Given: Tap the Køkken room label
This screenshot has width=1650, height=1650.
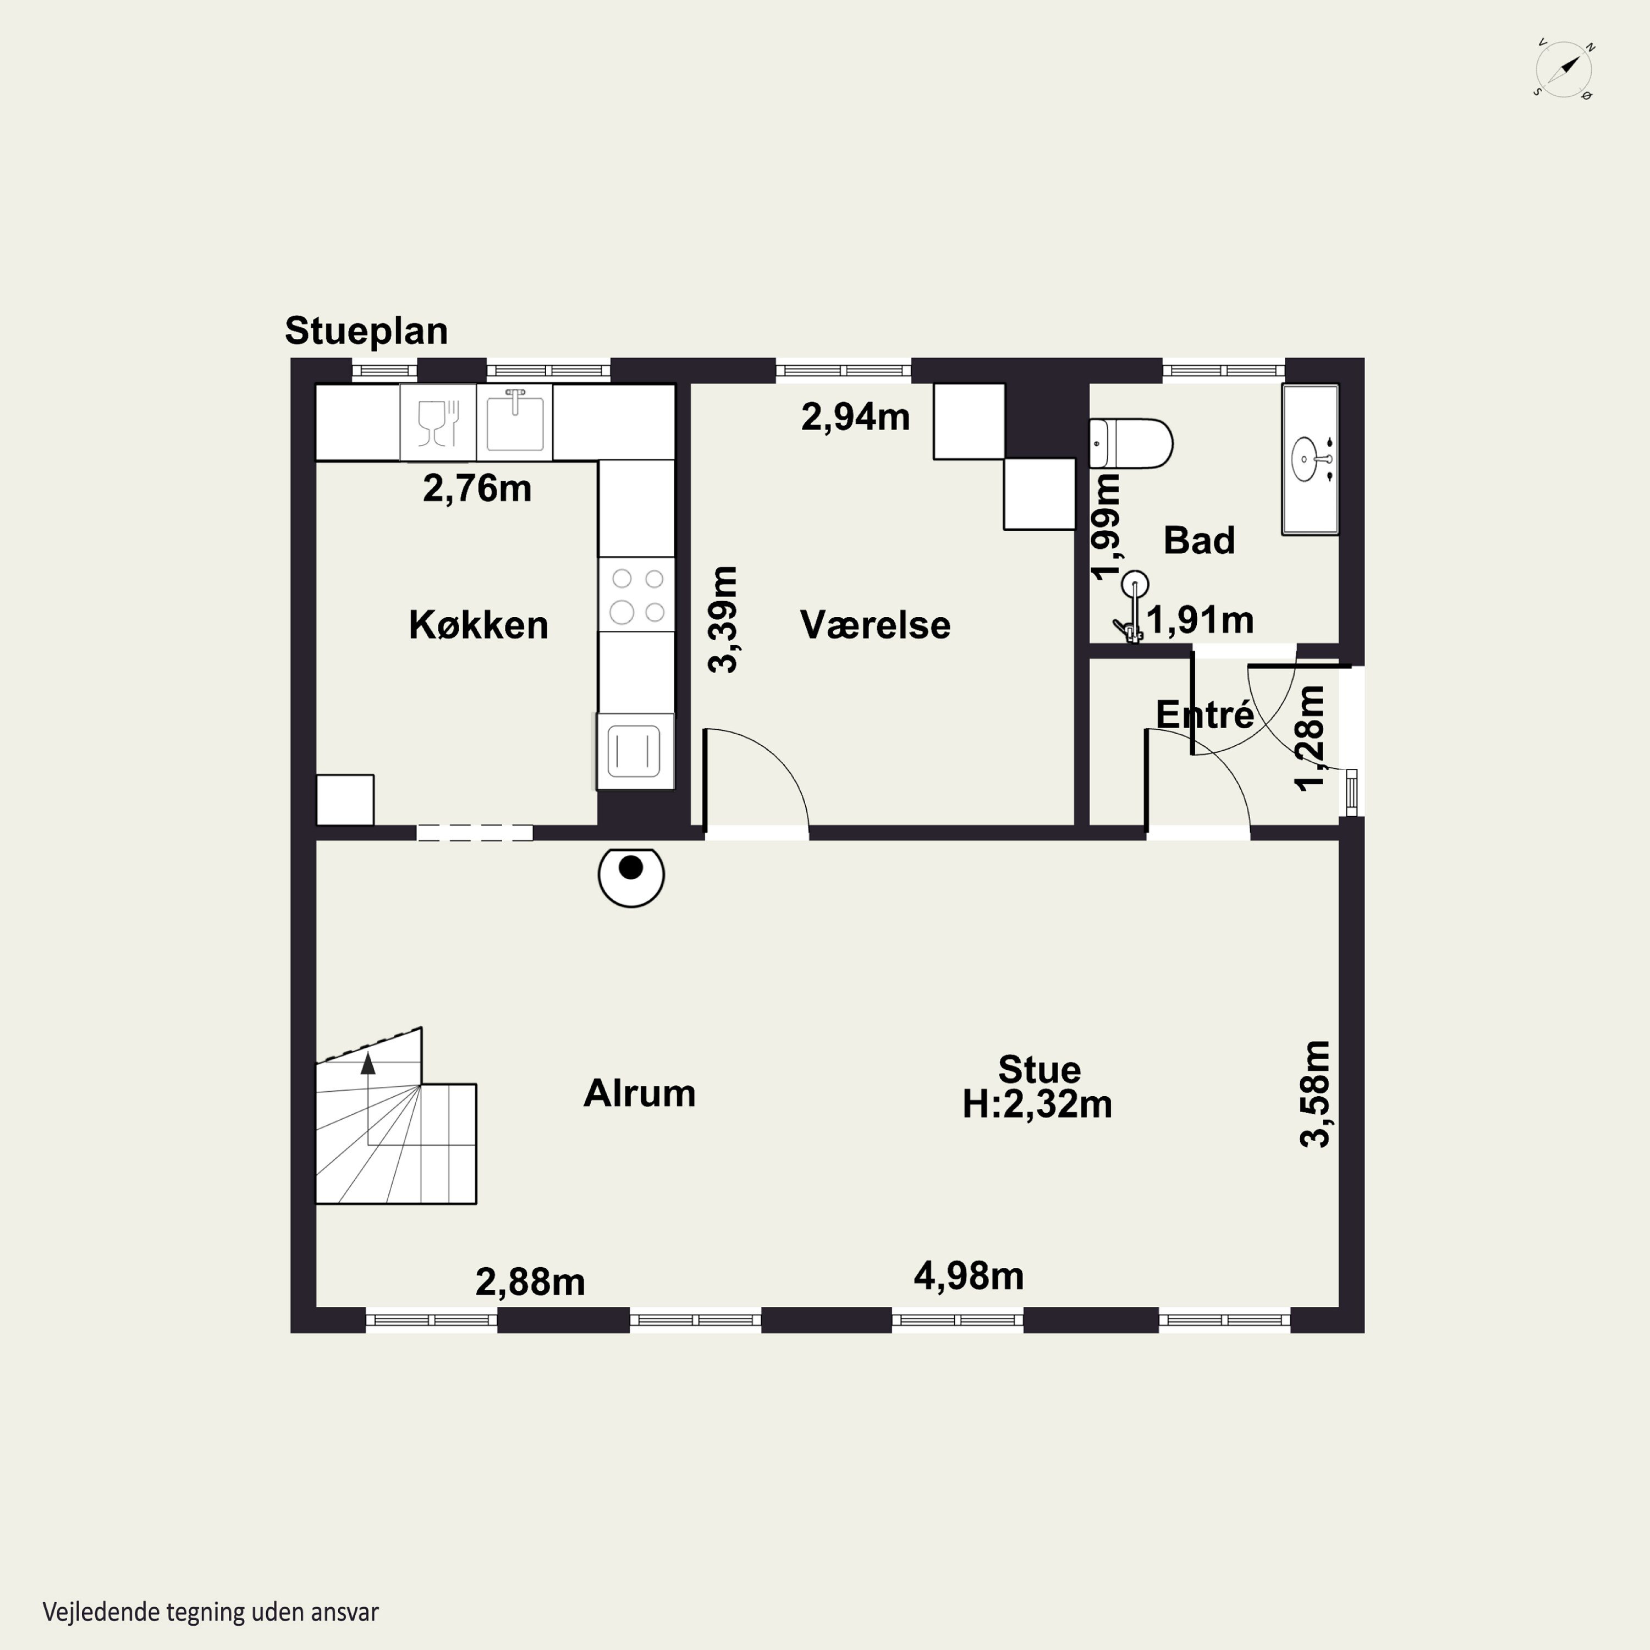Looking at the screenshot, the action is point(479,625).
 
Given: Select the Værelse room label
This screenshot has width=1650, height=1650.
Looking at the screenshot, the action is point(876,625).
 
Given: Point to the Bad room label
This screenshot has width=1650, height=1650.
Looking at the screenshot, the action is point(1199,541).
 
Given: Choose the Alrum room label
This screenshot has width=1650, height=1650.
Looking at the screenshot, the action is point(640,1093).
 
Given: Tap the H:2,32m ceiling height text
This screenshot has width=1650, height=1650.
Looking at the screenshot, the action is point(1037,1104).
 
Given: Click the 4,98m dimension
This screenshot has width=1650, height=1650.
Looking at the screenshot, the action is point(969,1276).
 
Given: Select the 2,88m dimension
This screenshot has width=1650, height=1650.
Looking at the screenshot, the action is point(530,1282).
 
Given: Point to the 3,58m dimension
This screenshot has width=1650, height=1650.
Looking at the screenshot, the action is point(1315,1093).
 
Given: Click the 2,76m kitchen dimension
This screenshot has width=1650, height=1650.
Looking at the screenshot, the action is point(477,488).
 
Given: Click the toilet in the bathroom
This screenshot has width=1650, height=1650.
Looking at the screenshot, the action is point(1131,443).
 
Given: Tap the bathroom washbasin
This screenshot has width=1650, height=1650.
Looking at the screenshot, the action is point(1310,459).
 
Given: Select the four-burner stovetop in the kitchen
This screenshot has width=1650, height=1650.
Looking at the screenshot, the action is point(636,595).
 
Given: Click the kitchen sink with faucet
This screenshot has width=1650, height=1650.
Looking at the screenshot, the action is point(515,422).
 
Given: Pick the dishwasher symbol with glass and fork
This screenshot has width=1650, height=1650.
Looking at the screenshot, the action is point(439,422).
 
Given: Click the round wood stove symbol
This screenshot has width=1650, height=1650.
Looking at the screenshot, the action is point(631,876).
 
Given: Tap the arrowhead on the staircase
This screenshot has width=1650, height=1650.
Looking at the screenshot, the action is point(368,1063).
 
